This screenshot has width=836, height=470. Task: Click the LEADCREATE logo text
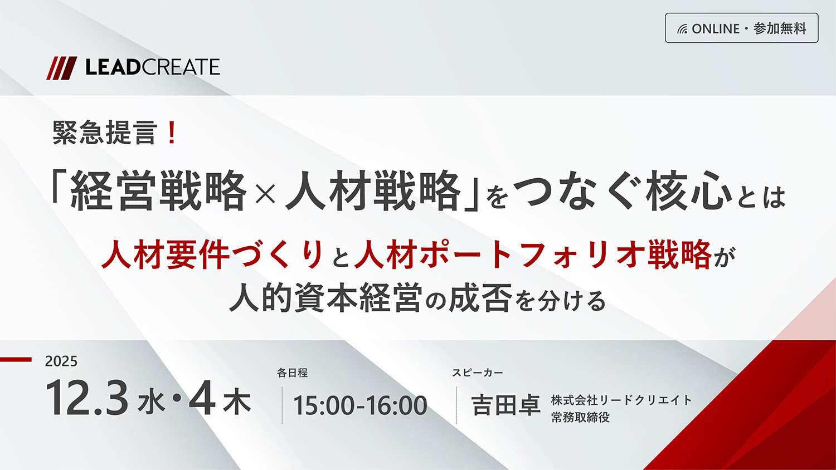click(x=152, y=67)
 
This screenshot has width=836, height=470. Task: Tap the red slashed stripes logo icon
click(x=61, y=68)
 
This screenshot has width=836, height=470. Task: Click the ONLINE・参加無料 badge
click(x=741, y=28)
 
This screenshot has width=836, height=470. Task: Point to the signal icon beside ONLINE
click(x=682, y=29)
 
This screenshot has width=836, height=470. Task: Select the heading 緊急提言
click(x=104, y=133)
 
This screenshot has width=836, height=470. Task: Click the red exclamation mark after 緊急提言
click(x=172, y=133)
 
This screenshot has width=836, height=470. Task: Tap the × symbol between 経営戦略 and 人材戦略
click(x=265, y=193)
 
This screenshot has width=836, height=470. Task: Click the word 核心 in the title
click(x=688, y=192)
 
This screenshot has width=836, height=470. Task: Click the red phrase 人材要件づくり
click(x=212, y=254)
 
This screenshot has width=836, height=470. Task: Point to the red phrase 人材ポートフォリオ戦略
click(x=532, y=254)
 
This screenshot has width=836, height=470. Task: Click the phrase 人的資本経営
click(x=325, y=298)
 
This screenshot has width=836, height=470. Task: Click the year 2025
click(x=61, y=361)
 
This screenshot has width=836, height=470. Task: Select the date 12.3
click(x=87, y=399)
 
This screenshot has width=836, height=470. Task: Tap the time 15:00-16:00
click(x=360, y=405)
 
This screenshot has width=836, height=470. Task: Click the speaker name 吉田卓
click(x=506, y=405)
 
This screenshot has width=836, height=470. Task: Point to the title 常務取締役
click(x=580, y=418)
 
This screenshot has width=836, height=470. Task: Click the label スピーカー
click(x=477, y=373)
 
